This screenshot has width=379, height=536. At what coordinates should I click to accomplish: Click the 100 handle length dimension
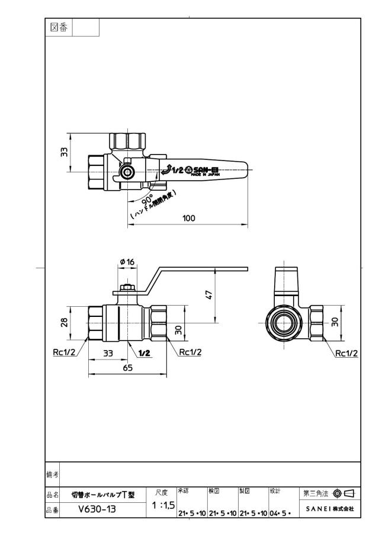pyautogui.click(x=189, y=218)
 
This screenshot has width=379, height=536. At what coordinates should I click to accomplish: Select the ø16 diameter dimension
pyautogui.click(x=127, y=262)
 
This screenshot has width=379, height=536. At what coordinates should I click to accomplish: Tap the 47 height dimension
pyautogui.click(x=209, y=295)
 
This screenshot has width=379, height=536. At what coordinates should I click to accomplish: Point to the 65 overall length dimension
pyautogui.click(x=127, y=368)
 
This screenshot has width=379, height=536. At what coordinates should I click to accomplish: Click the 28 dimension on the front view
pyautogui.click(x=64, y=322)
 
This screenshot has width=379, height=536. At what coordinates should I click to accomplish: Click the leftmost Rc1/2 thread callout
pyautogui.click(x=64, y=352)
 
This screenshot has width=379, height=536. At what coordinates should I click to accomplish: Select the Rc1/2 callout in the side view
pyautogui.click(x=346, y=353)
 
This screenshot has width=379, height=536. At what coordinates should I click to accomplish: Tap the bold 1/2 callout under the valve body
pyautogui.click(x=144, y=353)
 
